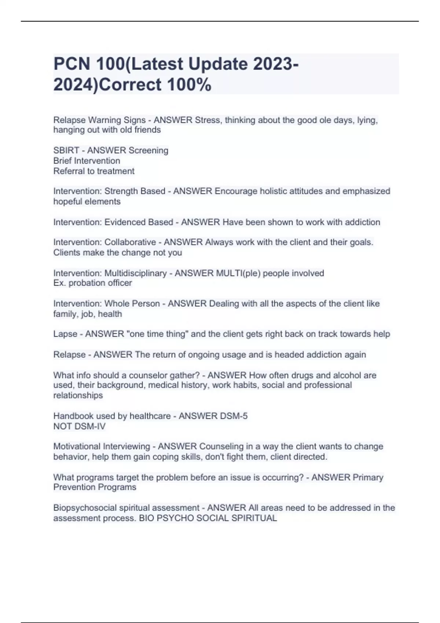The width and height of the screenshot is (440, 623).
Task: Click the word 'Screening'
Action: (148, 151)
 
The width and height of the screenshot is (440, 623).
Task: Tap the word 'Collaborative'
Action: (130, 242)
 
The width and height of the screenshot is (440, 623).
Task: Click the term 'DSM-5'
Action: (234, 416)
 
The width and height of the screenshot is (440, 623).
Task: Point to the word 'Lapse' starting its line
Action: (65, 334)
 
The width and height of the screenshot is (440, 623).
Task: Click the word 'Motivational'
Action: (76, 447)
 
